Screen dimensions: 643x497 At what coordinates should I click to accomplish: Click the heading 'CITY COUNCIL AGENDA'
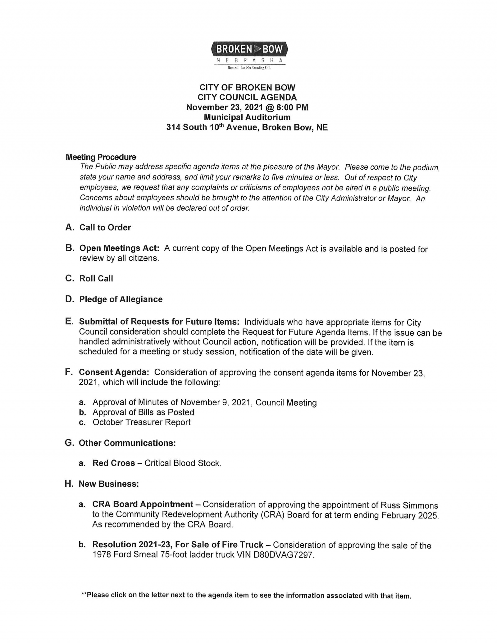click(x=247, y=98)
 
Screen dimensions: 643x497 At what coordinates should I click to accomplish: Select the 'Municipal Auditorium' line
click(x=247, y=117)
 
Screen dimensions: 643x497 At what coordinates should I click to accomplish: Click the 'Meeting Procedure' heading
click(x=101, y=157)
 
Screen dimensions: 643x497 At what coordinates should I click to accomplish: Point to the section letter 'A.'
click(x=70, y=227)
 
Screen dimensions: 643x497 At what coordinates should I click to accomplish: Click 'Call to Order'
click(x=105, y=228)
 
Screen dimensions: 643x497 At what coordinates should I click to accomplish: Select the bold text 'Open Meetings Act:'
click(x=120, y=248)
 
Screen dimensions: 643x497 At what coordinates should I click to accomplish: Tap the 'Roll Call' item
click(x=96, y=279)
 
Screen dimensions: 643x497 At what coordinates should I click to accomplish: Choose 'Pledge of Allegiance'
click(x=121, y=299)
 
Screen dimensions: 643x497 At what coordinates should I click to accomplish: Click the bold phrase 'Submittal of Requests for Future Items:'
click(x=159, y=321)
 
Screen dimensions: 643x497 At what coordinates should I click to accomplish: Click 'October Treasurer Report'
click(x=142, y=422)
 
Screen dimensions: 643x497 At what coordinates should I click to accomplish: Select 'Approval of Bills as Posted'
click(x=144, y=413)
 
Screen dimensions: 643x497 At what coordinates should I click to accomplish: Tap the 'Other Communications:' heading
click(x=127, y=443)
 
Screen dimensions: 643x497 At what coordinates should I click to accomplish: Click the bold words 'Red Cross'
click(x=114, y=463)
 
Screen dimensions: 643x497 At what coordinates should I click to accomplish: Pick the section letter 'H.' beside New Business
click(x=69, y=484)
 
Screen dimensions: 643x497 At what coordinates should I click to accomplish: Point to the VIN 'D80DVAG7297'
click(x=283, y=555)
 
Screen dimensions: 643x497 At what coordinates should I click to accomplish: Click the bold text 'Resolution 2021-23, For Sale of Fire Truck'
click(x=178, y=545)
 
